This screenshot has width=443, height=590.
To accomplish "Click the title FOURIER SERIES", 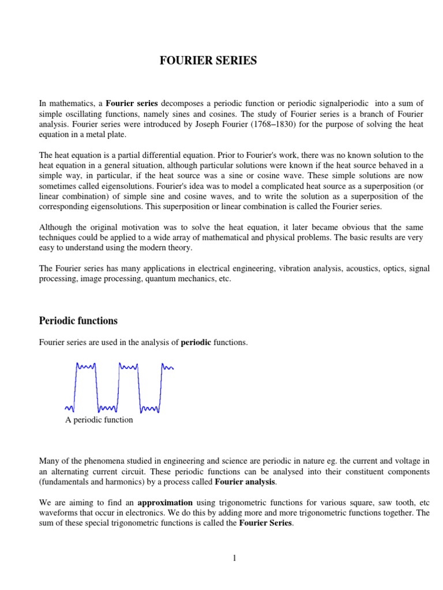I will click(208, 60).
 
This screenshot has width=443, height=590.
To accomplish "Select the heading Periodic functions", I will click(78, 320).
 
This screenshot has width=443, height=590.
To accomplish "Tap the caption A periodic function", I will click(99, 420).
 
